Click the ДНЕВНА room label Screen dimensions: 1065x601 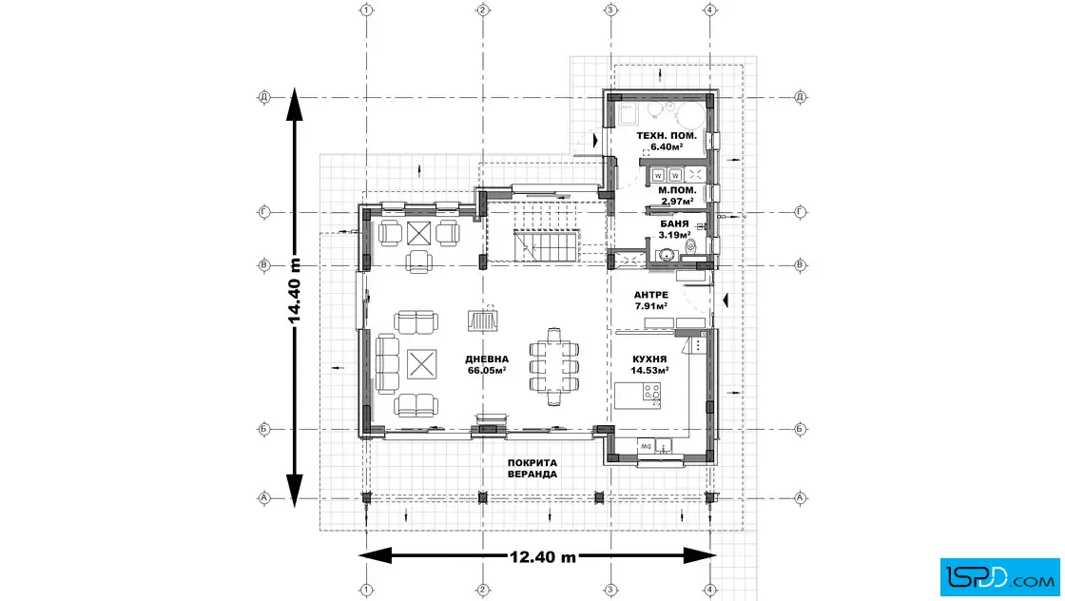click(x=487, y=364)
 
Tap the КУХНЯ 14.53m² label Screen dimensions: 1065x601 click(x=649, y=364)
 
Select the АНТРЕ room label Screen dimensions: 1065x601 click(x=650, y=300)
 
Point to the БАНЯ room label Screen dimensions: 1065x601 click(x=674, y=229)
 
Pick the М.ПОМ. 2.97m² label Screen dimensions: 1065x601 click(x=677, y=196)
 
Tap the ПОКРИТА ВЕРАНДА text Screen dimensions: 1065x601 click(x=532, y=469)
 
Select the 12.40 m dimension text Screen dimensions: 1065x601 click(x=543, y=557)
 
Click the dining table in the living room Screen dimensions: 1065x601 click(x=554, y=367)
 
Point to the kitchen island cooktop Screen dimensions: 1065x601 click(x=651, y=393)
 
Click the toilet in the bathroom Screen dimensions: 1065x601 click(x=690, y=247)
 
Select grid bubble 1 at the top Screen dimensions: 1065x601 click(x=367, y=10)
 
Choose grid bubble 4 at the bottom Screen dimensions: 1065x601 click(x=709, y=590)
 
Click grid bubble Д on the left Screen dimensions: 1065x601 click(x=264, y=97)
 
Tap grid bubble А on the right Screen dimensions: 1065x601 click(x=800, y=497)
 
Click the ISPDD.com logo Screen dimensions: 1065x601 click(x=999, y=577)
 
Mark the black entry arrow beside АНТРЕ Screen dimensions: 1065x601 click(x=726, y=300)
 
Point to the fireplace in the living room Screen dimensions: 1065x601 click(x=482, y=320)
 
